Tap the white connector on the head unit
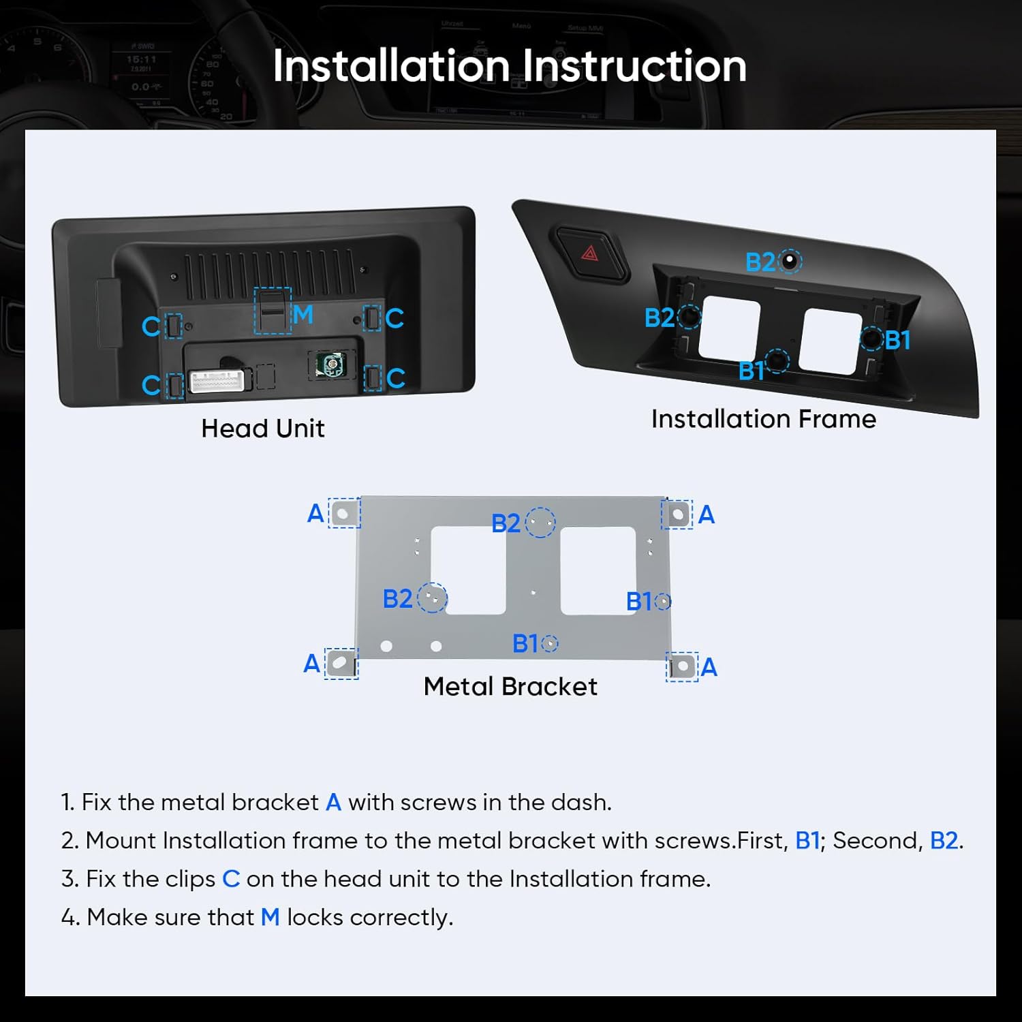tap(216, 381)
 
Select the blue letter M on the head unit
tap(303, 314)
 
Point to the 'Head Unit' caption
tap(263, 429)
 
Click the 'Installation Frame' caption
tap(764, 419)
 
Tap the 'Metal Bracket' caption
tap(510, 686)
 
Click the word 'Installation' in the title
tap(392, 66)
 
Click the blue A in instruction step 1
tap(333, 803)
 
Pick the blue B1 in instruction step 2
tap(807, 841)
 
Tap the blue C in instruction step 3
tap(231, 879)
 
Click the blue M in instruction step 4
tap(270, 917)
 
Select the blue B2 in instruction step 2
tap(944, 841)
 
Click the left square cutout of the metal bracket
tap(468, 570)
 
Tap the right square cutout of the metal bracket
tap(598, 570)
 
